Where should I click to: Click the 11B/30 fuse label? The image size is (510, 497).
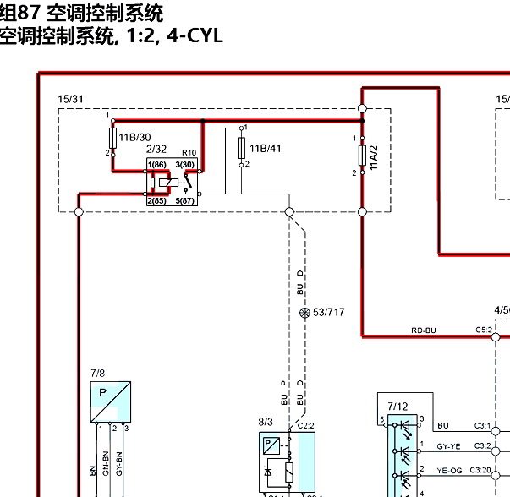pyautogui.click(x=135, y=137)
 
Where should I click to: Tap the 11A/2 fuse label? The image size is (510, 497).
pyautogui.click(x=373, y=158)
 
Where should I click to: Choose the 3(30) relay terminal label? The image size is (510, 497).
pyautogui.click(x=185, y=164)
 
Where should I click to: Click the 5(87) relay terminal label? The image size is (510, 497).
pyautogui.click(x=185, y=201)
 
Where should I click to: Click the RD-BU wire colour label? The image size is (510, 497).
pyautogui.click(x=423, y=330)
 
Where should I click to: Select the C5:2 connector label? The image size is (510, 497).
pyautogui.click(x=484, y=330)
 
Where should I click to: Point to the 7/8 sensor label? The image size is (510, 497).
pyautogui.click(x=98, y=373)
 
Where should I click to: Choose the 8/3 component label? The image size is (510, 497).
pyautogui.click(x=266, y=421)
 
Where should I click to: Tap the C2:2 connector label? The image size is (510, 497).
pyautogui.click(x=305, y=425)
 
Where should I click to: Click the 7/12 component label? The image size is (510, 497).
pyautogui.click(x=398, y=407)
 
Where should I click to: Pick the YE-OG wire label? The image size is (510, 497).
pyautogui.click(x=448, y=469)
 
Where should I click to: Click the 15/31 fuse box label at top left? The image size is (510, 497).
pyautogui.click(x=70, y=100)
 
